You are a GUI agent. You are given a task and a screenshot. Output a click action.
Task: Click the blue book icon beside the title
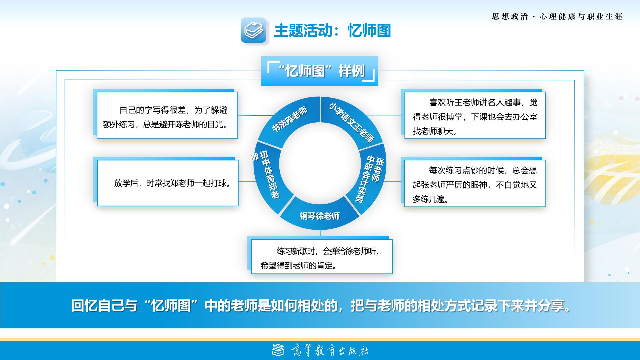pos(253,30)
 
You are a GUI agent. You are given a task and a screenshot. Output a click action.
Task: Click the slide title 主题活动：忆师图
pos(332,31)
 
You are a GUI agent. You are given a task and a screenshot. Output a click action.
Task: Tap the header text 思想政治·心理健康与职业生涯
pos(557,17)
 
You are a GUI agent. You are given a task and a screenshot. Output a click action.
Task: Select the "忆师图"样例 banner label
pos(320,71)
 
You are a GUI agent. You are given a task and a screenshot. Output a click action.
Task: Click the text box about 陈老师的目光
pos(167,115)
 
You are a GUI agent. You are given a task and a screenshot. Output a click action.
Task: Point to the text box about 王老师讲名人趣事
pos(475,115)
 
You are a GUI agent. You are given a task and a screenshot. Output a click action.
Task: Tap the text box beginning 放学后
pos(168,183)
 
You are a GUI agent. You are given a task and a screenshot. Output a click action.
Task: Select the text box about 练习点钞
pos(475,183)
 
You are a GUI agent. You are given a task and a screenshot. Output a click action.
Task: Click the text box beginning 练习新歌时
pos(322,257)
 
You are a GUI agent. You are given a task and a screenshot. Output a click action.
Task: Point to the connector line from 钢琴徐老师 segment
pos(320,233)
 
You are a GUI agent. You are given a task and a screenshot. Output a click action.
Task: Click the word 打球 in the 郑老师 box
pos(218,183)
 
